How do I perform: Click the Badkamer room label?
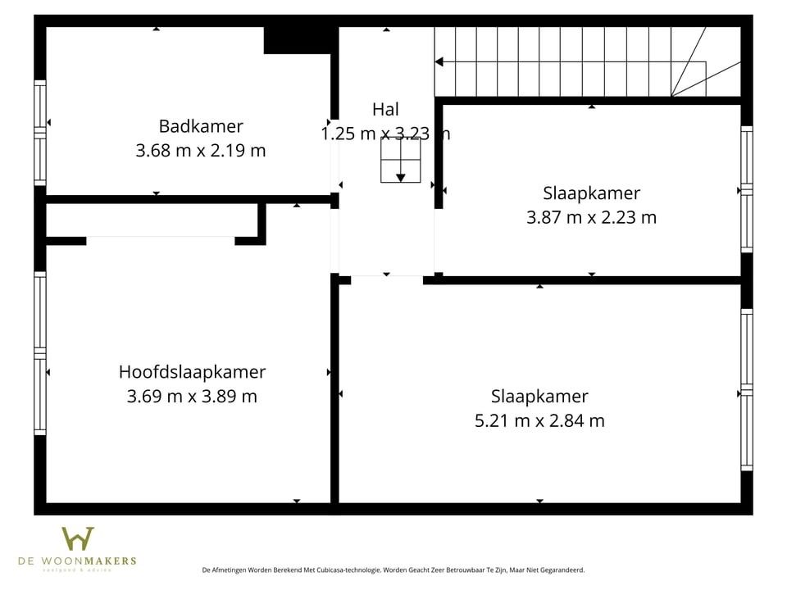(201, 126)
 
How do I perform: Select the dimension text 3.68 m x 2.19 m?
(201, 151)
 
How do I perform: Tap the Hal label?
(385, 109)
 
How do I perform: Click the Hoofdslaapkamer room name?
(192, 372)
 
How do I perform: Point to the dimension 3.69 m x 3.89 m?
(192, 397)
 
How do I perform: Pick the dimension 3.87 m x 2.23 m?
(591, 218)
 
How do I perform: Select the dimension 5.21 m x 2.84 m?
(539, 421)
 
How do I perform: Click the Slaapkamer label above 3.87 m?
(591, 193)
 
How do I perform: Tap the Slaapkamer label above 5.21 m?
(539, 397)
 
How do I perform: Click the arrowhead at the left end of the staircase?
(439, 61)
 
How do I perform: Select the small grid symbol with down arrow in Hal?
(400, 160)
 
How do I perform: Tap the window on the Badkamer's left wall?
(39, 132)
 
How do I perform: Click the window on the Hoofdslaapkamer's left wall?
(39, 352)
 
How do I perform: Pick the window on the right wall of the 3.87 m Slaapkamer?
(747, 189)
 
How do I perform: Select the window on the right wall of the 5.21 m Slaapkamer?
(747, 389)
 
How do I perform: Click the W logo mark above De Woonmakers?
(78, 538)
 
